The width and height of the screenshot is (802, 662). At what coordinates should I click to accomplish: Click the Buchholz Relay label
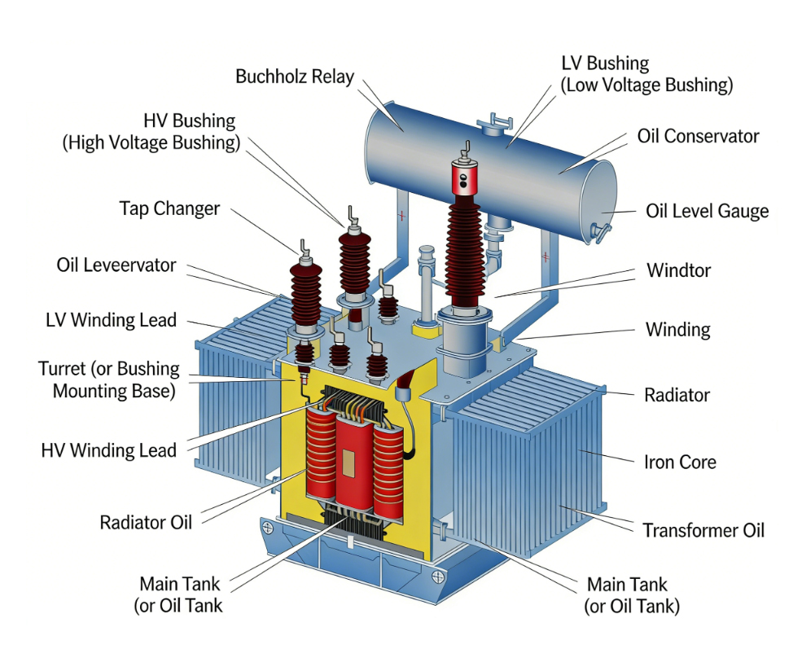[x=295, y=77]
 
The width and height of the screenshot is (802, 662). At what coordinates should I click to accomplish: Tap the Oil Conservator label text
[x=698, y=136]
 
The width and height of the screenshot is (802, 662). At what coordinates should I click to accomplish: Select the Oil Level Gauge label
[x=707, y=212]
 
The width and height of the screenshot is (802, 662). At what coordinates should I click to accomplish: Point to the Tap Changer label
[x=169, y=208]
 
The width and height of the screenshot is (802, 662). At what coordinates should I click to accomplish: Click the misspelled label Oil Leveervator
[x=116, y=265]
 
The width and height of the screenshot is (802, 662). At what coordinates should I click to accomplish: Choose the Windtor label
[x=677, y=270]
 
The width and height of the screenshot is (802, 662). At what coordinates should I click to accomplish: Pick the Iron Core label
[x=680, y=463]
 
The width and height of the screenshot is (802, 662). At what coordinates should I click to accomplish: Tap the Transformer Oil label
[x=703, y=531]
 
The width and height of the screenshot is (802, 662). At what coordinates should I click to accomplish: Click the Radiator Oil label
[x=146, y=522]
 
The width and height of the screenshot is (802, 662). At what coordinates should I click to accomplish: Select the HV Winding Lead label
[x=108, y=450]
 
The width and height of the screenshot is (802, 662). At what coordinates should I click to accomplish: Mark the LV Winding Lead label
[x=111, y=320]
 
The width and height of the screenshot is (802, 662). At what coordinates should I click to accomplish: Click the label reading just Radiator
[x=677, y=396]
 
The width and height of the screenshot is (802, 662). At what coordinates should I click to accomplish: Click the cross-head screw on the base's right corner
[x=439, y=577]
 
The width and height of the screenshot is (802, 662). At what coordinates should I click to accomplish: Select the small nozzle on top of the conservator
[x=491, y=126]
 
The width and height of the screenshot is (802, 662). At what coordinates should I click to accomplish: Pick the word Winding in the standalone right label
[x=677, y=330]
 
